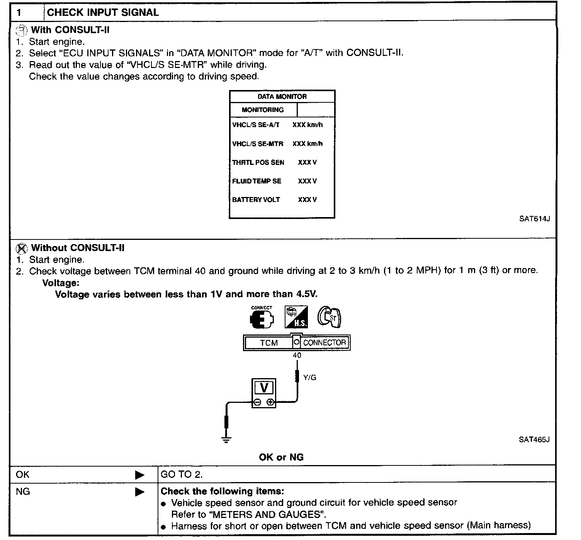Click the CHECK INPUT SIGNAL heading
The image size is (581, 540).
tap(103, 12)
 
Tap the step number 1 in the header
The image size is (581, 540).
tap(19, 13)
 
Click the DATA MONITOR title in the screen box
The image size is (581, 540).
tap(282, 97)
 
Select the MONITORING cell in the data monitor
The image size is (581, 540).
tap(263, 110)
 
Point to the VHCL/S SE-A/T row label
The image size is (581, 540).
tap(256, 125)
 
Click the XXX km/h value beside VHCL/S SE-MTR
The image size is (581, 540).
tap(307, 144)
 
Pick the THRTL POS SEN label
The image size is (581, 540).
tap(258, 162)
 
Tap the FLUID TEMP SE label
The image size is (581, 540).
tap(257, 181)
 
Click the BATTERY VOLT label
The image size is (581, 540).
tap(256, 200)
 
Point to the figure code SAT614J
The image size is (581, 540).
tap(534, 219)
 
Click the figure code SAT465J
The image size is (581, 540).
tap(534, 440)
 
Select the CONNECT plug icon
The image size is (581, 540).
tap(262, 318)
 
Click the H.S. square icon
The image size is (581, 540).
tap(296, 318)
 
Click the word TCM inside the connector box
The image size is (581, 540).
tap(269, 343)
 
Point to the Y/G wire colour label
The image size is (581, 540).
tap(310, 378)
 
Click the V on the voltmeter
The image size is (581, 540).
tap(264, 387)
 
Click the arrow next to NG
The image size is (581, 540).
tap(140, 492)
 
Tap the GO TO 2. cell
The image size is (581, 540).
tap(182, 474)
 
